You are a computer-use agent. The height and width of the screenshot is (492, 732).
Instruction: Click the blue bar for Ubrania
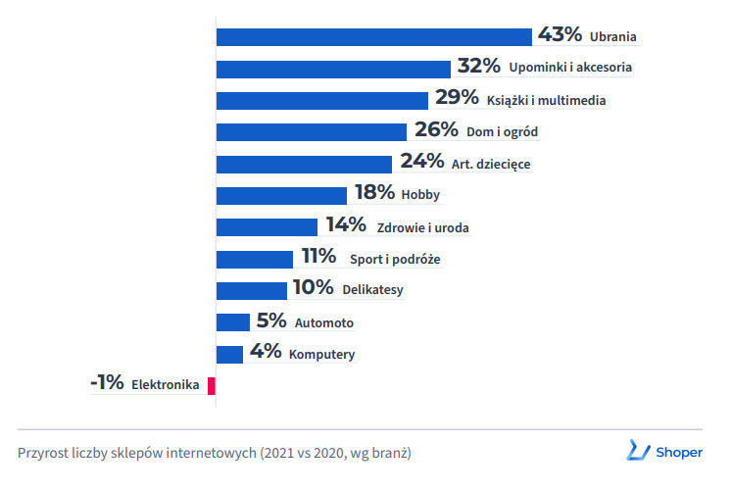[373, 37]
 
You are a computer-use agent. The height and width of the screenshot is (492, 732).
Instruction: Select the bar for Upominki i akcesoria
[333, 69]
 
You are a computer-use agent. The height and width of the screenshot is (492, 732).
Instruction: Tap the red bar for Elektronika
[212, 385]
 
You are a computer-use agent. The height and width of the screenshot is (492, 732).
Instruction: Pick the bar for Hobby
[281, 195]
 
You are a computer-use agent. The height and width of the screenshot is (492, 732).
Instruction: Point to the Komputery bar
[229, 354]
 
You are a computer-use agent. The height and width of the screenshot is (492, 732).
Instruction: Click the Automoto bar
[233, 322]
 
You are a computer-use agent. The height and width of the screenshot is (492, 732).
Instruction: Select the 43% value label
[561, 35]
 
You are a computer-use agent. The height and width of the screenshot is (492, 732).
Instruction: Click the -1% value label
[107, 384]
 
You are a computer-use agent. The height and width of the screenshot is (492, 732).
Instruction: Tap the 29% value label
[457, 98]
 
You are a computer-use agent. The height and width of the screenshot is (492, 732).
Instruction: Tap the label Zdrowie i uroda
[422, 227]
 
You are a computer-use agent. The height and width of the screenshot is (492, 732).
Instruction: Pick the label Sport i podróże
[395, 260]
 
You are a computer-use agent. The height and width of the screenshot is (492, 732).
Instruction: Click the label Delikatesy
[372, 290]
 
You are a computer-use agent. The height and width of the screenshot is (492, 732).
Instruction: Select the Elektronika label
[166, 385]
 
